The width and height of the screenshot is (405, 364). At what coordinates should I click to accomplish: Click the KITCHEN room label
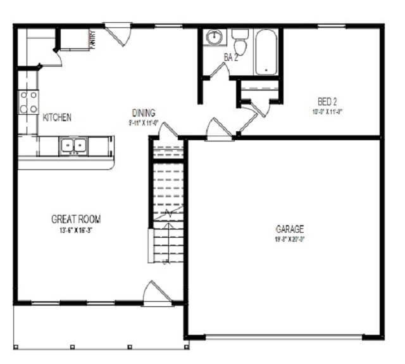click(x=57, y=117)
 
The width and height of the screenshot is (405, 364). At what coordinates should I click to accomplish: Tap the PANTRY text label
click(x=93, y=39)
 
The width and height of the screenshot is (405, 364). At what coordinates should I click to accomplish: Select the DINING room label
click(x=144, y=112)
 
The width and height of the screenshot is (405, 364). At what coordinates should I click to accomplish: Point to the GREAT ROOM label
click(x=76, y=219)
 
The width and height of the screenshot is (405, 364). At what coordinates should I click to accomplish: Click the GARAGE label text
click(x=290, y=228)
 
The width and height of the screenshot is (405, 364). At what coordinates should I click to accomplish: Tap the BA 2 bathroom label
click(x=232, y=57)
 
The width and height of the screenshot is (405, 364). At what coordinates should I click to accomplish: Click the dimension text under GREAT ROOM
click(x=76, y=230)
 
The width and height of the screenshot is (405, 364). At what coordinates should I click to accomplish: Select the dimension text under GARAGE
click(x=290, y=239)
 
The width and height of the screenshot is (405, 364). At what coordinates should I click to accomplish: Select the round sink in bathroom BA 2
click(x=215, y=37)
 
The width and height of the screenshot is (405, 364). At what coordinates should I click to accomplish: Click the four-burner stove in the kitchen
click(x=28, y=102)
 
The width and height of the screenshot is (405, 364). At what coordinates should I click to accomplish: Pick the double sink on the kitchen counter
click(x=73, y=146)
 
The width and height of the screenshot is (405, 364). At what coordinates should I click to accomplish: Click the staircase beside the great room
click(x=168, y=203)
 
